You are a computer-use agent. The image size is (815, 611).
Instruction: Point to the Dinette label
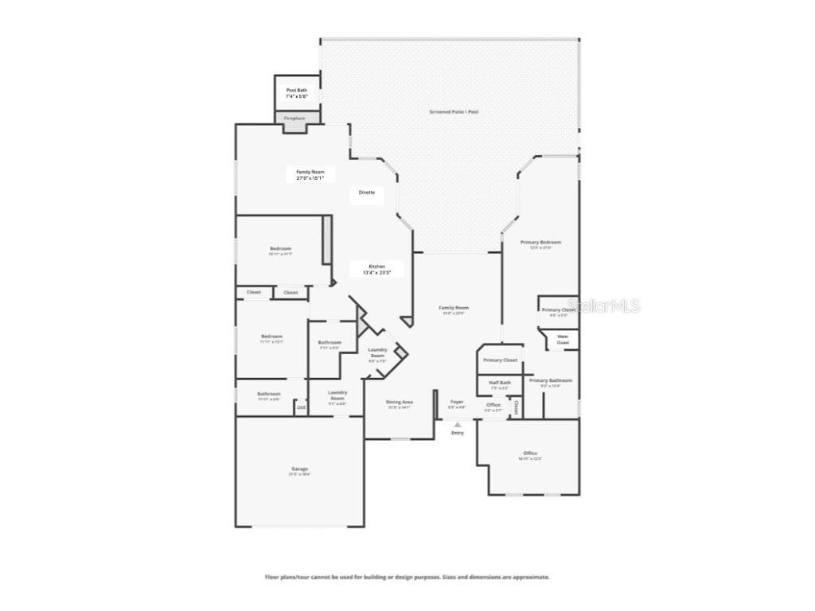coord(366,192)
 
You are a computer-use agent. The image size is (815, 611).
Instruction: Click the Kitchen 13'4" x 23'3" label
coord(376,269)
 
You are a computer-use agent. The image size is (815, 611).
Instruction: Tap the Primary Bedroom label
coord(540,244)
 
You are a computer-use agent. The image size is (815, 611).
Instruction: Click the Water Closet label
coord(563,340)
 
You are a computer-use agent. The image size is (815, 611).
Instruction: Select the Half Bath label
coord(500,384)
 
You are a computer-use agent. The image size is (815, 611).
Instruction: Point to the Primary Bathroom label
coord(551,383)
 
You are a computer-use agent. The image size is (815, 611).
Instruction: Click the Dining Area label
coord(400,404)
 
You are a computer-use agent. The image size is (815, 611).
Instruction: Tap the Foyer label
coord(457,404)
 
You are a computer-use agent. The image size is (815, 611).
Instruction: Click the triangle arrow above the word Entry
coord(457,425)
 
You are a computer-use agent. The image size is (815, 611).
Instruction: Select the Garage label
coord(299,471)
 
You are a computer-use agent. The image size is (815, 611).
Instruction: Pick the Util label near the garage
coord(301,408)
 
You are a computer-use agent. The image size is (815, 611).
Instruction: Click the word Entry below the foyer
coord(457,433)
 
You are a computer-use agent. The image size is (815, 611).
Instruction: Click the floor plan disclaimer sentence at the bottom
coord(407,577)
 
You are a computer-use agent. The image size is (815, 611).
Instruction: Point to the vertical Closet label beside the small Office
coord(516,407)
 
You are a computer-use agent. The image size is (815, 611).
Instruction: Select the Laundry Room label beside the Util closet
coord(337,397)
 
